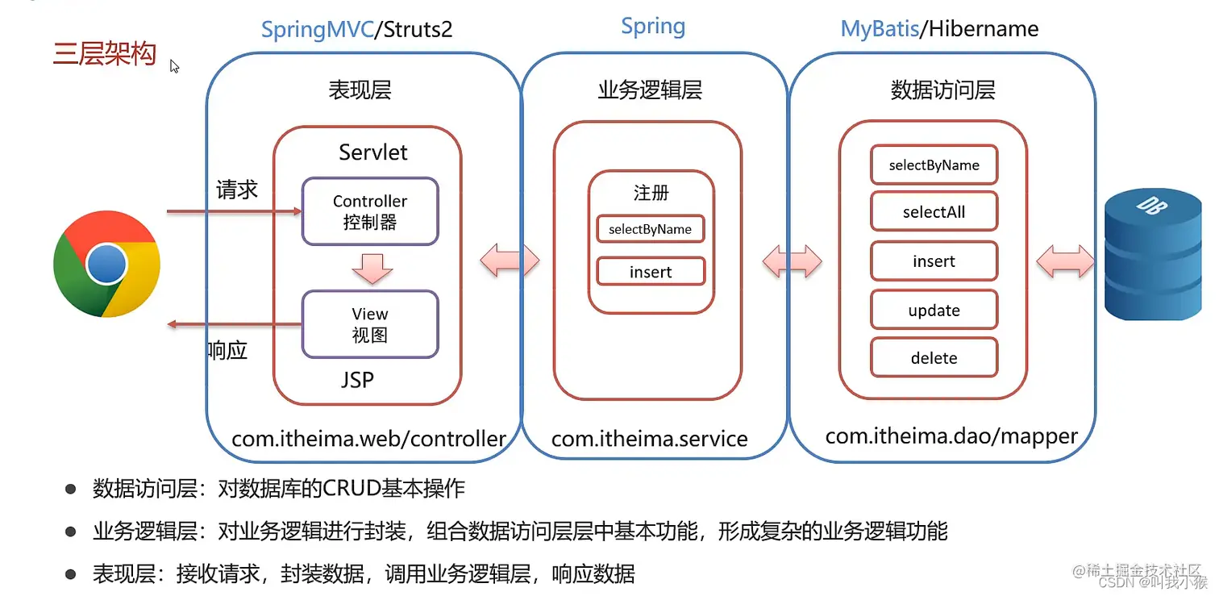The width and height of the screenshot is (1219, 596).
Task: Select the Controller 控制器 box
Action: pos(370,211)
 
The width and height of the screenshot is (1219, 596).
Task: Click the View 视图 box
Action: pos(370,324)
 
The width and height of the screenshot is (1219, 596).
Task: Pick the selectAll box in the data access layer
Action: pos(934,212)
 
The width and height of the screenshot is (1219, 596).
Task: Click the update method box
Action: pos(934,311)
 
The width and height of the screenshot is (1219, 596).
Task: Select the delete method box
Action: pos(934,358)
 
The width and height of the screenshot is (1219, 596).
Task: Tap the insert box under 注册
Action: pos(651,272)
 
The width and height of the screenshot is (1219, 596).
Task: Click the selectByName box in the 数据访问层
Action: pos(934,165)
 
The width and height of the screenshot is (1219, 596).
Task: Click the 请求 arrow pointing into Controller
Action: pos(234,212)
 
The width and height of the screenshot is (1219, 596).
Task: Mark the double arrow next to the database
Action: pos(1065,262)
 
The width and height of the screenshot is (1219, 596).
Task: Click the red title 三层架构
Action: pos(105,55)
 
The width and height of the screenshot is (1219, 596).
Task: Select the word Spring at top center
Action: pos(653,26)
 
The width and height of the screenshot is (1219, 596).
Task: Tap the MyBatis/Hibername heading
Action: pos(939,29)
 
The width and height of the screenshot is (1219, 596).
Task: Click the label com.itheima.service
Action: pos(649,439)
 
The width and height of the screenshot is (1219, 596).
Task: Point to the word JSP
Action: pos(356,379)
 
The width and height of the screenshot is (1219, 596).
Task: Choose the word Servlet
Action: pos(372,152)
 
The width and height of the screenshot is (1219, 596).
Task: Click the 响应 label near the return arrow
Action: pos(227,351)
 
